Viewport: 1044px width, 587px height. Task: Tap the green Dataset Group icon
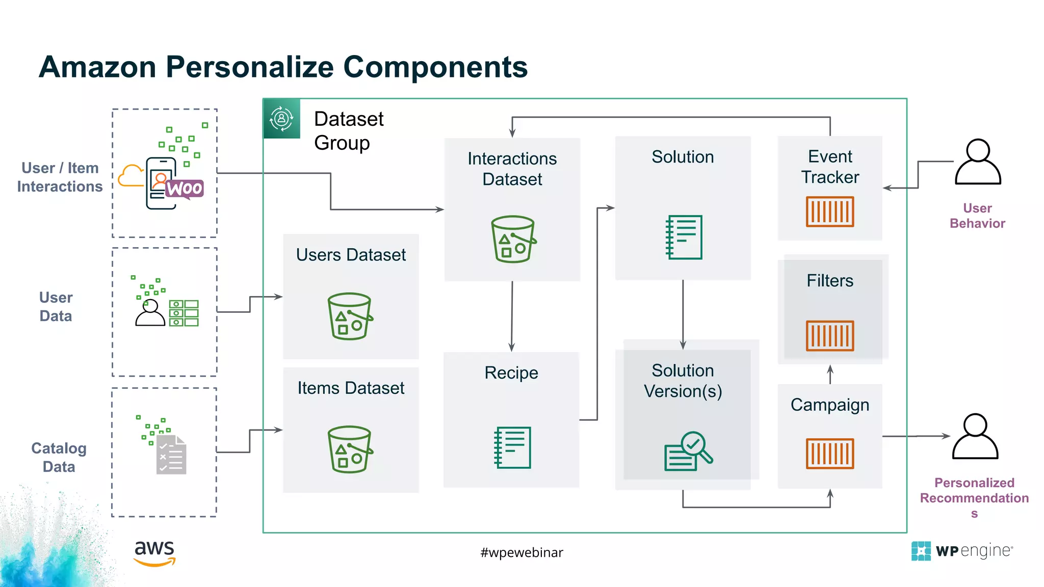(281, 119)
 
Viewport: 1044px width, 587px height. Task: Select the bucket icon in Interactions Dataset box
(512, 239)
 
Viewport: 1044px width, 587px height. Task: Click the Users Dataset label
(351, 255)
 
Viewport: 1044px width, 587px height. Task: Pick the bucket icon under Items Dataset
(350, 449)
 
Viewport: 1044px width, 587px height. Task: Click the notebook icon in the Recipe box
(512, 447)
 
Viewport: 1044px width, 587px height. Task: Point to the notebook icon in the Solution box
(684, 237)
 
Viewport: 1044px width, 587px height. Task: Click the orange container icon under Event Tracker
(829, 211)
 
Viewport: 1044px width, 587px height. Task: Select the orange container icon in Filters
(829, 335)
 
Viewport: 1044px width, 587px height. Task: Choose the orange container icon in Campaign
(829, 453)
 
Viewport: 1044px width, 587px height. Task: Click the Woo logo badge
(185, 189)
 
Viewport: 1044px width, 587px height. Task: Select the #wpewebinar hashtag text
(521, 552)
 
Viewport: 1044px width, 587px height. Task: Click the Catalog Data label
(59, 457)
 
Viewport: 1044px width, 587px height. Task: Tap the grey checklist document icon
(171, 455)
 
